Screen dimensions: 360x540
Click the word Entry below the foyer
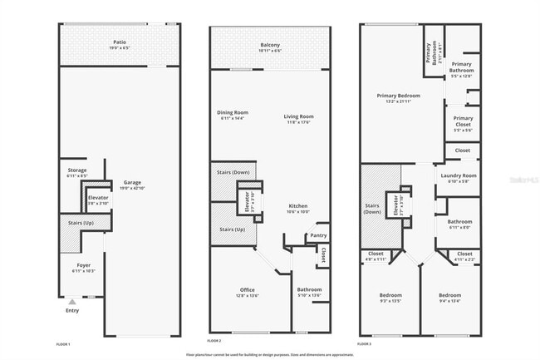(73, 311)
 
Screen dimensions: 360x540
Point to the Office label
(237, 290)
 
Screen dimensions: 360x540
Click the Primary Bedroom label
(392, 96)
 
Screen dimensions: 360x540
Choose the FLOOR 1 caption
(63, 343)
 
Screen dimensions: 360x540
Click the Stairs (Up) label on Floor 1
(76, 223)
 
